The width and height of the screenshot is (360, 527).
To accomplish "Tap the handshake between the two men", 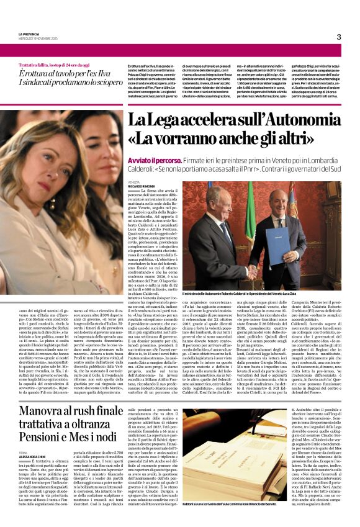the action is pyautogui.click(x=251, y=269).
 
